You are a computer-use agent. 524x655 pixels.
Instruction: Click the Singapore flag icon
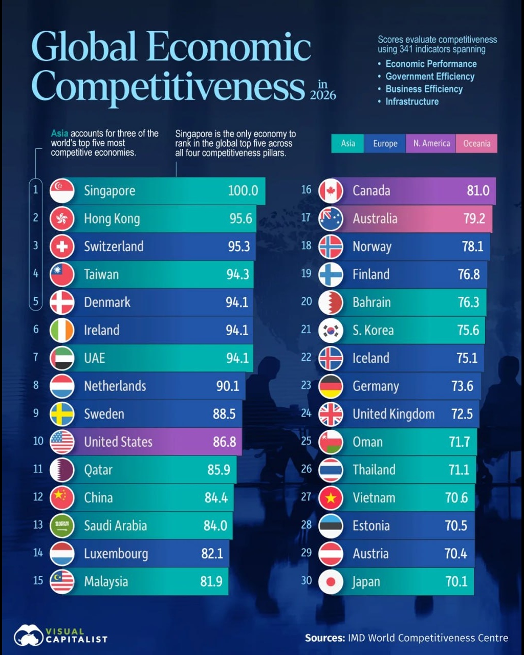tap(62, 191)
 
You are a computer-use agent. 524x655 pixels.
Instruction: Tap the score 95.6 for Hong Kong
tap(241, 219)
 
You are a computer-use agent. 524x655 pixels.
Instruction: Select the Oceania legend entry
tap(476, 143)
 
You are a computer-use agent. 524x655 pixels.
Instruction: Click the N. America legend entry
tap(431, 143)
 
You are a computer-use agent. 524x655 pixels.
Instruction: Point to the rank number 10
tap(38, 441)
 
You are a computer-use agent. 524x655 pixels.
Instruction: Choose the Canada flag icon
tap(331, 191)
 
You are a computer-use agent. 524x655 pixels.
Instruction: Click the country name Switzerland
tap(114, 247)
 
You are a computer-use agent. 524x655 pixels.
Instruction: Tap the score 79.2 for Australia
tap(474, 219)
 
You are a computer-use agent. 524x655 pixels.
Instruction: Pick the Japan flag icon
tap(331, 582)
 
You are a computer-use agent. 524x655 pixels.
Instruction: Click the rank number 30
tap(307, 580)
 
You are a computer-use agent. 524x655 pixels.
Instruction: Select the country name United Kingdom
tap(394, 414)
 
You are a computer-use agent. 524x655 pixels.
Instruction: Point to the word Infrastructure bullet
tap(412, 101)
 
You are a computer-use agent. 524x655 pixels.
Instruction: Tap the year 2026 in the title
tap(323, 95)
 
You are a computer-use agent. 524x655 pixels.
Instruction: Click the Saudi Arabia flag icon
tap(62, 526)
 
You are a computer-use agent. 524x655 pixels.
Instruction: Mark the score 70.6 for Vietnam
tap(456, 497)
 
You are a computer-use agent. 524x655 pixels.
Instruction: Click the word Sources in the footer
tap(325, 638)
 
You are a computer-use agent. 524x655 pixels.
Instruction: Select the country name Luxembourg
tap(116, 554)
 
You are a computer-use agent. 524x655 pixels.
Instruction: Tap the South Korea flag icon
tap(331, 330)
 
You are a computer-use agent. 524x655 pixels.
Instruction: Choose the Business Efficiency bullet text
tap(424, 89)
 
